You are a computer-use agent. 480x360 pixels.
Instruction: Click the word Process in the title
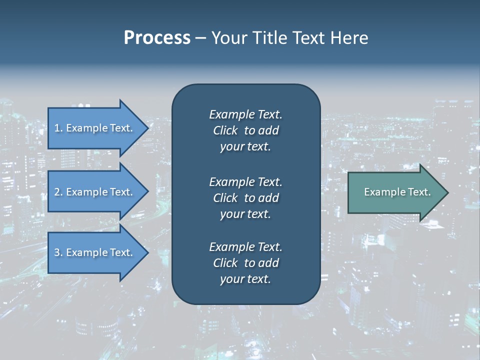pyautogui.click(x=157, y=38)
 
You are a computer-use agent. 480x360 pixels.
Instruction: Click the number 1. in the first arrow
pyautogui.click(x=58, y=128)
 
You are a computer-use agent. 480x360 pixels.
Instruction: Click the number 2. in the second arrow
pyautogui.click(x=58, y=192)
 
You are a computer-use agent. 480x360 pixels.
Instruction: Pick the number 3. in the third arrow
pyautogui.click(x=58, y=252)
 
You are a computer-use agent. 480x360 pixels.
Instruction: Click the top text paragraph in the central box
pyautogui.click(x=245, y=130)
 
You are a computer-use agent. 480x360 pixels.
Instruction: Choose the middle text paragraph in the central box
pyautogui.click(x=245, y=198)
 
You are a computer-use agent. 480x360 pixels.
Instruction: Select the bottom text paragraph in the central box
pyautogui.click(x=245, y=263)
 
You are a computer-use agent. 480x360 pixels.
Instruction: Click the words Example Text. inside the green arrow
pyautogui.click(x=397, y=192)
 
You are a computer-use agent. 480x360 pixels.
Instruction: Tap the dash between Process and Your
pyautogui.click(x=200, y=38)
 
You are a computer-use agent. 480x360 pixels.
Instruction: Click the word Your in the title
pyautogui.click(x=228, y=38)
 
